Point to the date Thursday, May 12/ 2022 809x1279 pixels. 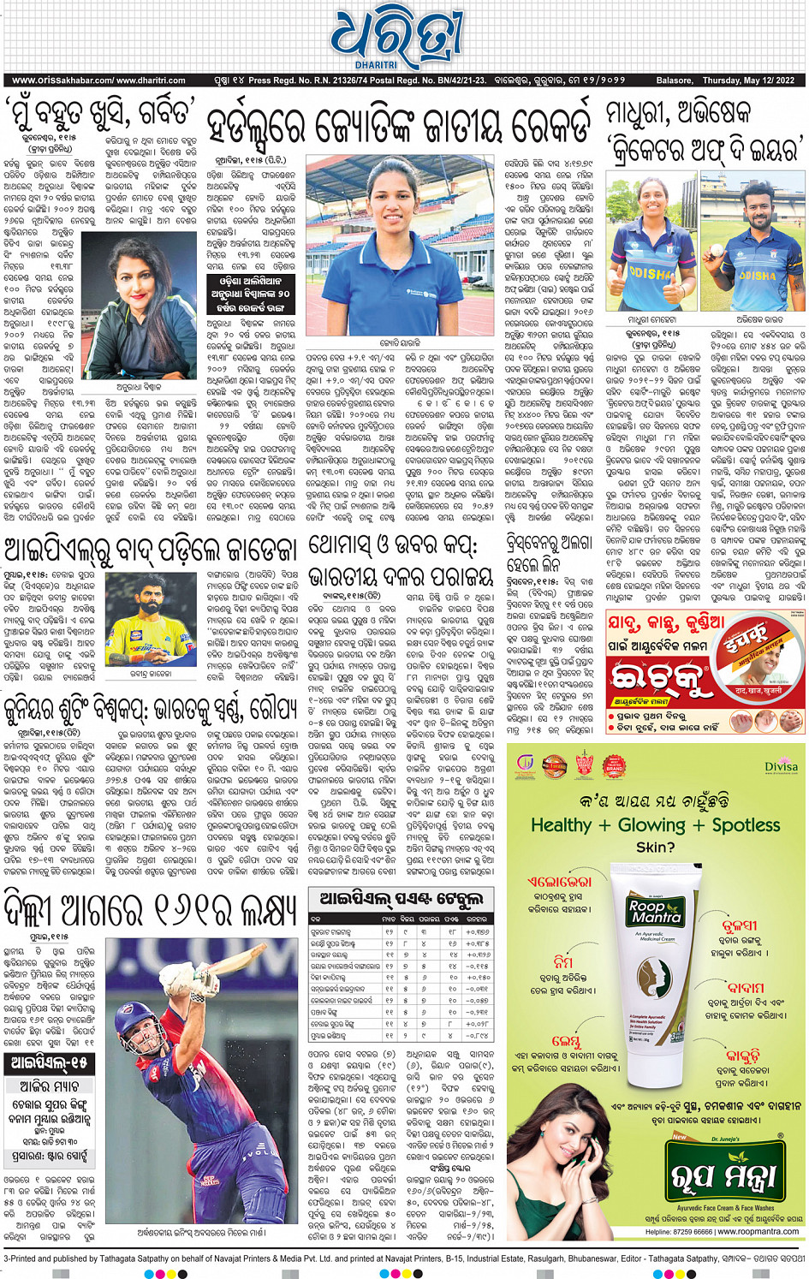point(748,80)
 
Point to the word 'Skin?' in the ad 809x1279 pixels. point(655,848)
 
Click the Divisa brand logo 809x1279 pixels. point(781,766)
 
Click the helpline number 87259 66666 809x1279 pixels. point(678,1232)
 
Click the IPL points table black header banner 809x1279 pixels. point(401,899)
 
